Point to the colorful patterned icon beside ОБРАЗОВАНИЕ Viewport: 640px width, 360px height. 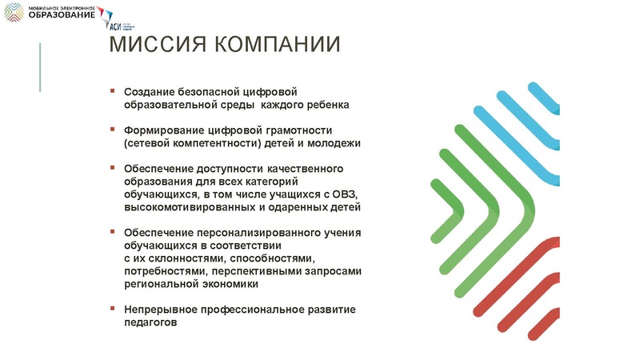[x=14, y=12]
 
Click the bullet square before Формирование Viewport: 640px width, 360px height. [x=114, y=129]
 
